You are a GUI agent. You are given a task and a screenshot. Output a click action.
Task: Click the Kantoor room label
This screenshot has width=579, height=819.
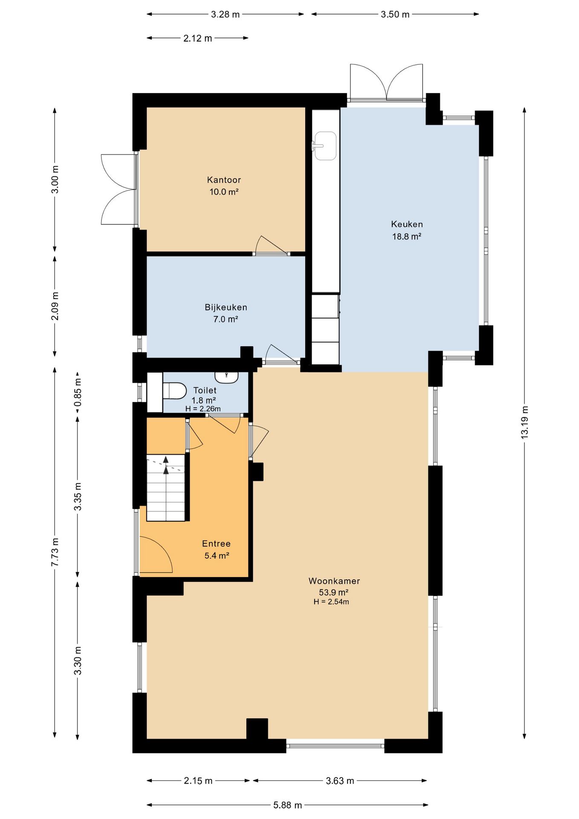pyautogui.click(x=224, y=180)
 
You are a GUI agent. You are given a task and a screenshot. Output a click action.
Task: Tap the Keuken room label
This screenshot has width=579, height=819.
pyautogui.click(x=407, y=224)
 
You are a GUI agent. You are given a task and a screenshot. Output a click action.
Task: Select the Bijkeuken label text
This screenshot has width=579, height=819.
pyautogui.click(x=226, y=308)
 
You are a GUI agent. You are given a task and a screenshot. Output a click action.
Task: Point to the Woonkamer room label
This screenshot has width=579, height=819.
pyautogui.click(x=334, y=581)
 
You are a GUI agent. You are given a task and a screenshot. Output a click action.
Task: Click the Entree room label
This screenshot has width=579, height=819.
pyautogui.click(x=216, y=544)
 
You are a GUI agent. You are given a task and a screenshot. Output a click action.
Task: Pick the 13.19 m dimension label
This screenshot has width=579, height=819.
pyautogui.click(x=524, y=422)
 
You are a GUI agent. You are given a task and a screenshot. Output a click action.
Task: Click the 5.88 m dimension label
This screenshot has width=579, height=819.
pyautogui.click(x=287, y=805)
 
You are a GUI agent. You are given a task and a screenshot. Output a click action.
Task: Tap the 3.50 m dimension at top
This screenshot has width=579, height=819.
pyautogui.click(x=395, y=15)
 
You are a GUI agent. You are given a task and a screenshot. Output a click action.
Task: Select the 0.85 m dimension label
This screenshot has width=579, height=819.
pyautogui.click(x=78, y=392)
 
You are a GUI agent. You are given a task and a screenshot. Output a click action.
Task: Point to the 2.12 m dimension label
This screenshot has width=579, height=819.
pyautogui.click(x=197, y=38)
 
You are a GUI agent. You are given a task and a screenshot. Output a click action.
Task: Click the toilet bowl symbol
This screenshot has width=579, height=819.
pyautogui.click(x=175, y=391)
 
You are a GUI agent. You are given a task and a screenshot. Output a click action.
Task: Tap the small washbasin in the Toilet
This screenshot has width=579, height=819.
pyautogui.click(x=226, y=377)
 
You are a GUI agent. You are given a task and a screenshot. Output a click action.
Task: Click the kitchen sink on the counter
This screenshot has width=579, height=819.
pyautogui.click(x=325, y=146)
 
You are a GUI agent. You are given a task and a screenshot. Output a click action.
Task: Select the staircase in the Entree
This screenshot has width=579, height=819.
pyautogui.click(x=166, y=488)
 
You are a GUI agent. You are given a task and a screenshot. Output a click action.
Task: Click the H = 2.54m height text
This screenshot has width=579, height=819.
pyautogui.click(x=331, y=602)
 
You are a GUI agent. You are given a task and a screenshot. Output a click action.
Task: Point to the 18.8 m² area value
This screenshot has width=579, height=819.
pyautogui.click(x=407, y=236)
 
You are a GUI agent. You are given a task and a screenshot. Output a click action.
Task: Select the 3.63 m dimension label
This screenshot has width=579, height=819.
pyautogui.click(x=340, y=781)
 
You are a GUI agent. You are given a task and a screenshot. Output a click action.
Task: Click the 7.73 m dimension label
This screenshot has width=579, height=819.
pyautogui.click(x=55, y=552)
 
